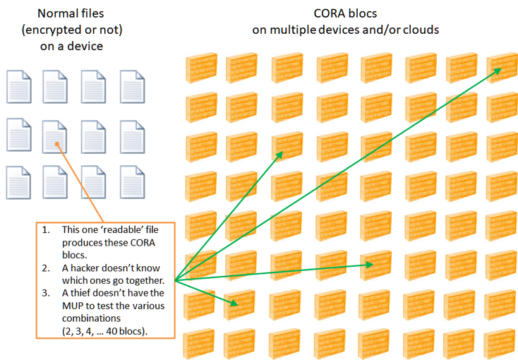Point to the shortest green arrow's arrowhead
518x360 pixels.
click(233, 304)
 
